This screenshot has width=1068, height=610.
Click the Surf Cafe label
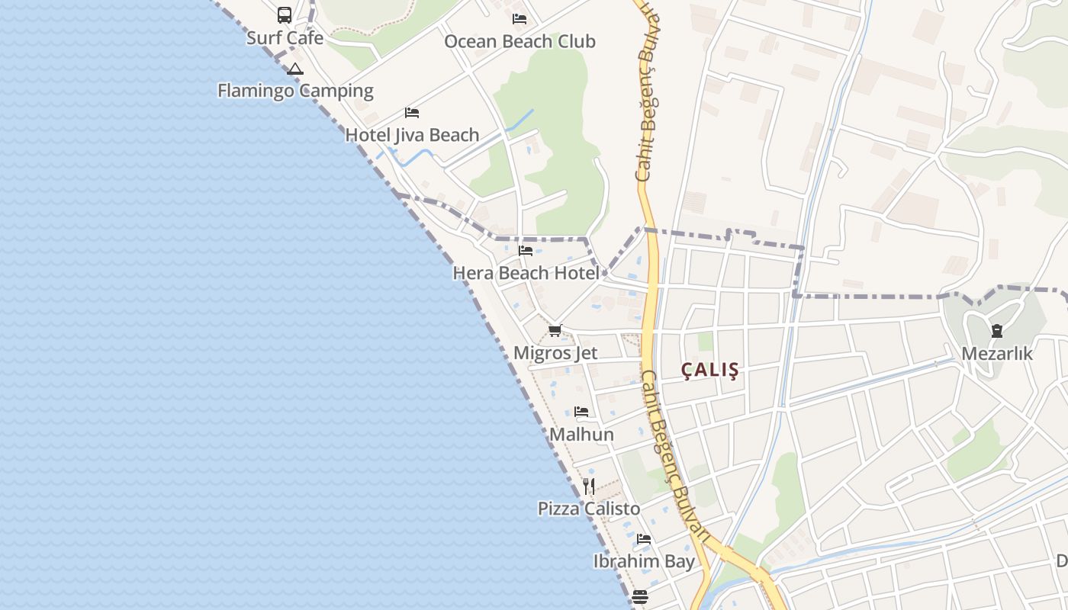click(285, 38)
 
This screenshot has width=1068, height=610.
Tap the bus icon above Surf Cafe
click(285, 14)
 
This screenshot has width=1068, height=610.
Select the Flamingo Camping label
click(295, 91)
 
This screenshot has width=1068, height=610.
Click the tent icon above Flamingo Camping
click(295, 69)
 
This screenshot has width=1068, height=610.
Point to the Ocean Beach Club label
click(520, 41)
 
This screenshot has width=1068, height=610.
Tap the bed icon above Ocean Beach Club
click(520, 19)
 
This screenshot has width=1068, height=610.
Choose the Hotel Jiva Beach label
click(412, 135)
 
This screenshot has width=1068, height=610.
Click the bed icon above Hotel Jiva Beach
click(412, 113)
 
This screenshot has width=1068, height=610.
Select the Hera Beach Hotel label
click(526, 272)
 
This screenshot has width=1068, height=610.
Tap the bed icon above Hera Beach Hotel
click(526, 250)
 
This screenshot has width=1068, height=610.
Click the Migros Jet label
click(555, 353)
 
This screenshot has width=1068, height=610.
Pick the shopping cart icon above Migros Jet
click(555, 331)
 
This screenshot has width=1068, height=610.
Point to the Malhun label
click(581, 435)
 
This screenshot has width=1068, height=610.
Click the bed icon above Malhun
click(581, 412)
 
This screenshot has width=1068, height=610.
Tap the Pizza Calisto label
click(589, 509)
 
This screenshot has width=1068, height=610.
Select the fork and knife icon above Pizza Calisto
click(589, 486)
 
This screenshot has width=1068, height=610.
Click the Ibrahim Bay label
click(644, 562)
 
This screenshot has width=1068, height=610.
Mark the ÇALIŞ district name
click(710, 371)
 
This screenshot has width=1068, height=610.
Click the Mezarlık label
click(996, 354)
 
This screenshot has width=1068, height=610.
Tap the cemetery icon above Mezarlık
click(996, 331)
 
